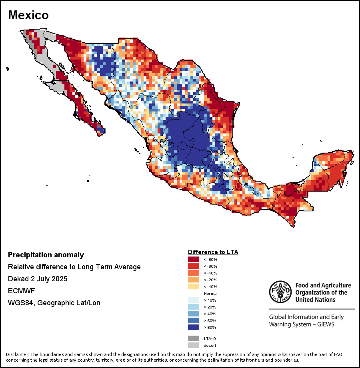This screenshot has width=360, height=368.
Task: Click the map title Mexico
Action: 28,15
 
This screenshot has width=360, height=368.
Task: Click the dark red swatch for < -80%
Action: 193,260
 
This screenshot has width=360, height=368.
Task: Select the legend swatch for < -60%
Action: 193,267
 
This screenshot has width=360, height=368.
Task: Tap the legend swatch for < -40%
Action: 193,273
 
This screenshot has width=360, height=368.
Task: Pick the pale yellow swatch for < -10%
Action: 193,287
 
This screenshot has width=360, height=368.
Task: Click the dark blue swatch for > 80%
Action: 193,328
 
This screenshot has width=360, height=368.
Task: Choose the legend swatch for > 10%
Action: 193,300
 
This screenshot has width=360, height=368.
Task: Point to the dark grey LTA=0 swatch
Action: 193,338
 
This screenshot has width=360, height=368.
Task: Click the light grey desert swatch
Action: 193,345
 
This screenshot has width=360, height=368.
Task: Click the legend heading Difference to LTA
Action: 213,252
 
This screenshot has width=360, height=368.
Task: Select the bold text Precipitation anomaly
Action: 46,255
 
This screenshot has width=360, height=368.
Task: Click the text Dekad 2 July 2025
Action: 38,279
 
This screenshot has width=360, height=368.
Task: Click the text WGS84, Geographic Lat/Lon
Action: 54,303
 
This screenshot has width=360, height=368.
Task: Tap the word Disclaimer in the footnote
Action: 18,354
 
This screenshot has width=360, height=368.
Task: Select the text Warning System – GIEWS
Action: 302,324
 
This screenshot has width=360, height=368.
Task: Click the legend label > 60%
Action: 210,321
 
